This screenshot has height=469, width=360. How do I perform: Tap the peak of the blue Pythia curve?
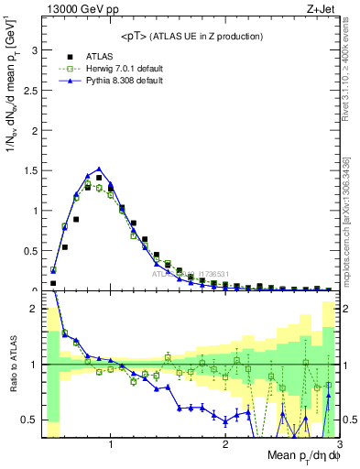pos(99,169)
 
